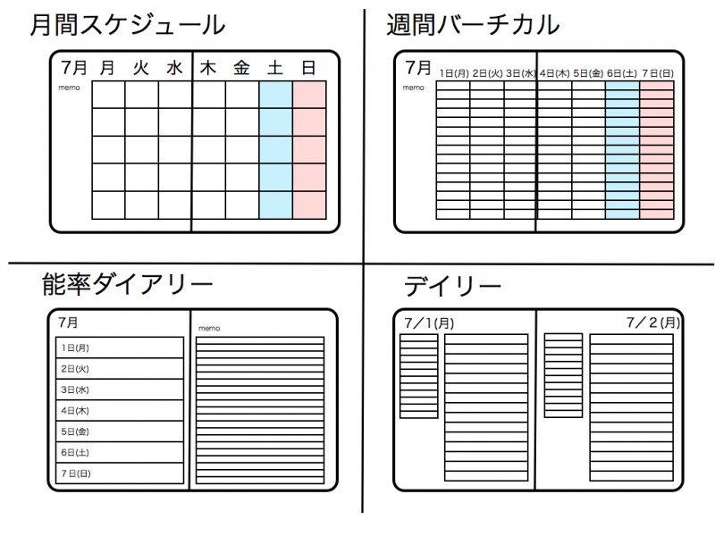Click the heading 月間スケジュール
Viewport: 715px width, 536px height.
(127, 24)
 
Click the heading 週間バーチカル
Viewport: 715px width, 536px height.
(473, 24)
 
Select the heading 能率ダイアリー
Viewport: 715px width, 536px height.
(128, 285)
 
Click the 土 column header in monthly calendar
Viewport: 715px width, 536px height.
(275, 67)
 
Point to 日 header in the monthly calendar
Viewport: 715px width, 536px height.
(309, 67)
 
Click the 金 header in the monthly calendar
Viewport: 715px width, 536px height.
(241, 67)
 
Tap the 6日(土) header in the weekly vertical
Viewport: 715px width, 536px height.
(622, 73)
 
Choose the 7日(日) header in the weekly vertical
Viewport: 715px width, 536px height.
(657, 73)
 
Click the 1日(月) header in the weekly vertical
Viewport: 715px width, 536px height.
(453, 73)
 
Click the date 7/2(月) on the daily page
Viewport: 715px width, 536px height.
(652, 322)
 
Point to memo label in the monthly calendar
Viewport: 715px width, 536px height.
(69, 88)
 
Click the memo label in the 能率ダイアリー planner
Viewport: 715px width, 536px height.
(209, 329)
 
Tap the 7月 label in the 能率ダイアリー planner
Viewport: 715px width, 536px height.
(68, 322)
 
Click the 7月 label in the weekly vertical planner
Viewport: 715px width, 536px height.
(418, 68)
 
